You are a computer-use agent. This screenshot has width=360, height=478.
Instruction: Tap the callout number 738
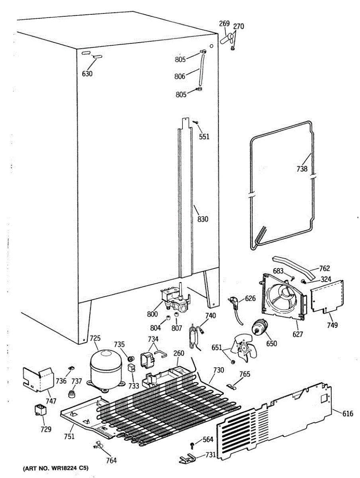point(302,169)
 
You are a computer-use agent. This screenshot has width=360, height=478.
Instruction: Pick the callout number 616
point(348,414)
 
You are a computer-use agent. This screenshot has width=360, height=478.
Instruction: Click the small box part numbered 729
point(40,409)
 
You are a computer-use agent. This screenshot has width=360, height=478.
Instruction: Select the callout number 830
point(203,219)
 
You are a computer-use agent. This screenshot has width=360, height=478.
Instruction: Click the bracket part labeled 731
point(186,459)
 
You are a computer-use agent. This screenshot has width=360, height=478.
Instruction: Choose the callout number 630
point(87,73)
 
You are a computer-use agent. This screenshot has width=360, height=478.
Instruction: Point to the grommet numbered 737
point(72,394)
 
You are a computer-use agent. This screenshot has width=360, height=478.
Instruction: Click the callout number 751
point(69,437)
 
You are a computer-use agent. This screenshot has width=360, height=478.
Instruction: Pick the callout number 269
point(224,24)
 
